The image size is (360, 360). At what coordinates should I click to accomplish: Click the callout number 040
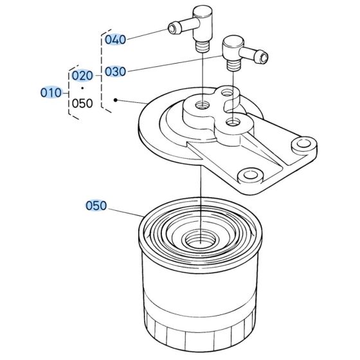115,40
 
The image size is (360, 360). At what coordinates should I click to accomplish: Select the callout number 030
115,72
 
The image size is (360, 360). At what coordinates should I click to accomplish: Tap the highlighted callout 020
82,76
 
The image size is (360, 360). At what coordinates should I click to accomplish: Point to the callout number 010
51,93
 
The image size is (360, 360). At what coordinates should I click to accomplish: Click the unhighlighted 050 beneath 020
82,104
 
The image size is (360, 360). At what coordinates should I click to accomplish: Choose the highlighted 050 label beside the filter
97,206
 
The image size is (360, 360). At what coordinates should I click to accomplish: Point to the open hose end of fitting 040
174,28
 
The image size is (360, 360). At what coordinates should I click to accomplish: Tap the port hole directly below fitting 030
233,121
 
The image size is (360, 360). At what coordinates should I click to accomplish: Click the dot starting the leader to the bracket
115,100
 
